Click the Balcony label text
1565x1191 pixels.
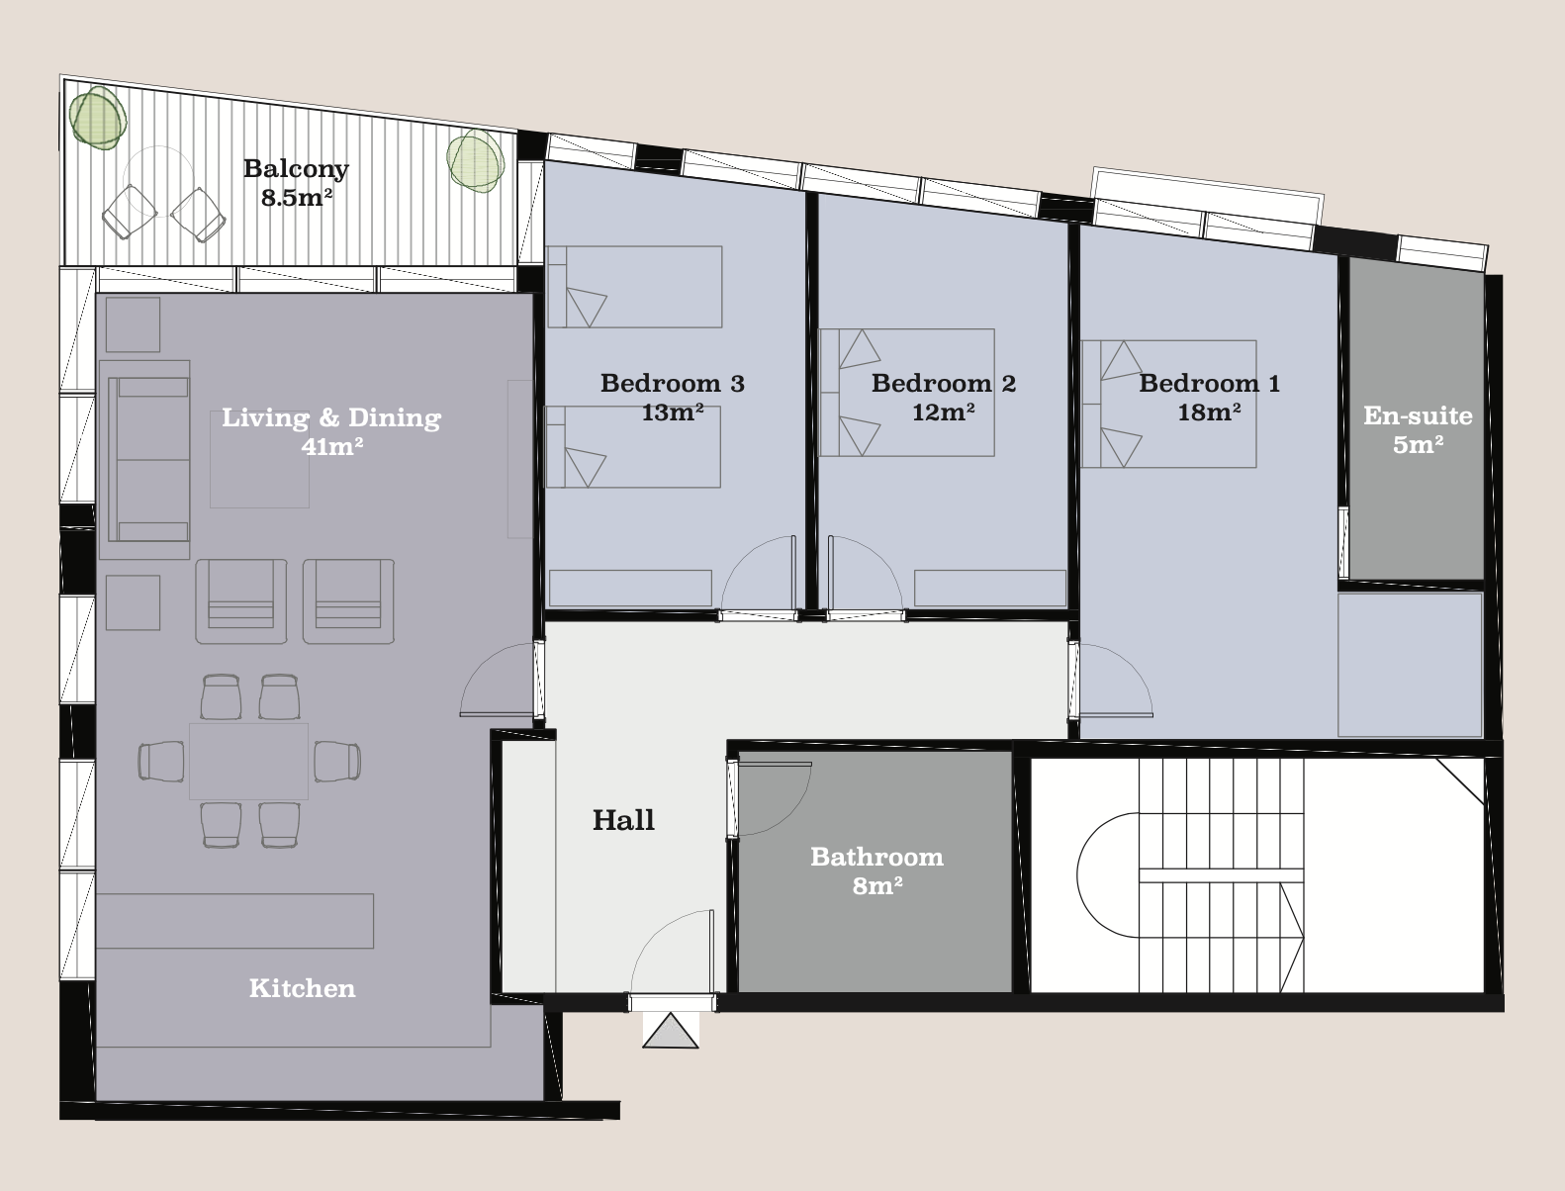(x=296, y=169)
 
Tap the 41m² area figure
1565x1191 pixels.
(x=332, y=446)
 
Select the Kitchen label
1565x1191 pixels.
(x=303, y=988)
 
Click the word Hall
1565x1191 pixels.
(x=623, y=820)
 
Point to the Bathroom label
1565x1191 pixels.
(x=876, y=856)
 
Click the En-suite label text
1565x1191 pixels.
(x=1419, y=415)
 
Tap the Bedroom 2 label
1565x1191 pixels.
(x=944, y=383)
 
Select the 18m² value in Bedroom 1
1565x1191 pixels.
(x=1209, y=412)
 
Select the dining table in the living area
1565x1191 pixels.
(x=249, y=762)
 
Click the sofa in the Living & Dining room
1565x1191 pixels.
(x=148, y=460)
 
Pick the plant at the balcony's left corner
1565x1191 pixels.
(x=98, y=118)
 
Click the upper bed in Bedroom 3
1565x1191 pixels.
(x=634, y=287)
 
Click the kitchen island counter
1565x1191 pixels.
(x=234, y=921)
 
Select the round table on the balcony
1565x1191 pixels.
(x=158, y=181)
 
